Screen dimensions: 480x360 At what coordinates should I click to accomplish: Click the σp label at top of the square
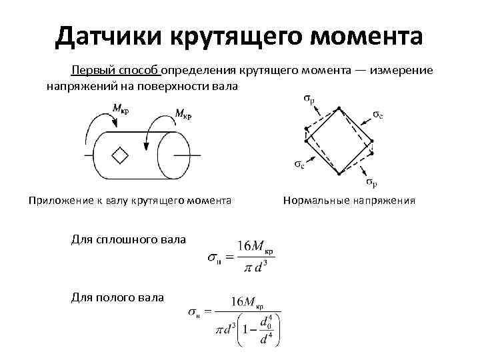tap(309, 101)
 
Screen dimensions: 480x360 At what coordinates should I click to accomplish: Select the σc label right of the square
tap(378, 115)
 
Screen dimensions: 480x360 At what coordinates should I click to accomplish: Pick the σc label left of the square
tap(299, 164)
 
